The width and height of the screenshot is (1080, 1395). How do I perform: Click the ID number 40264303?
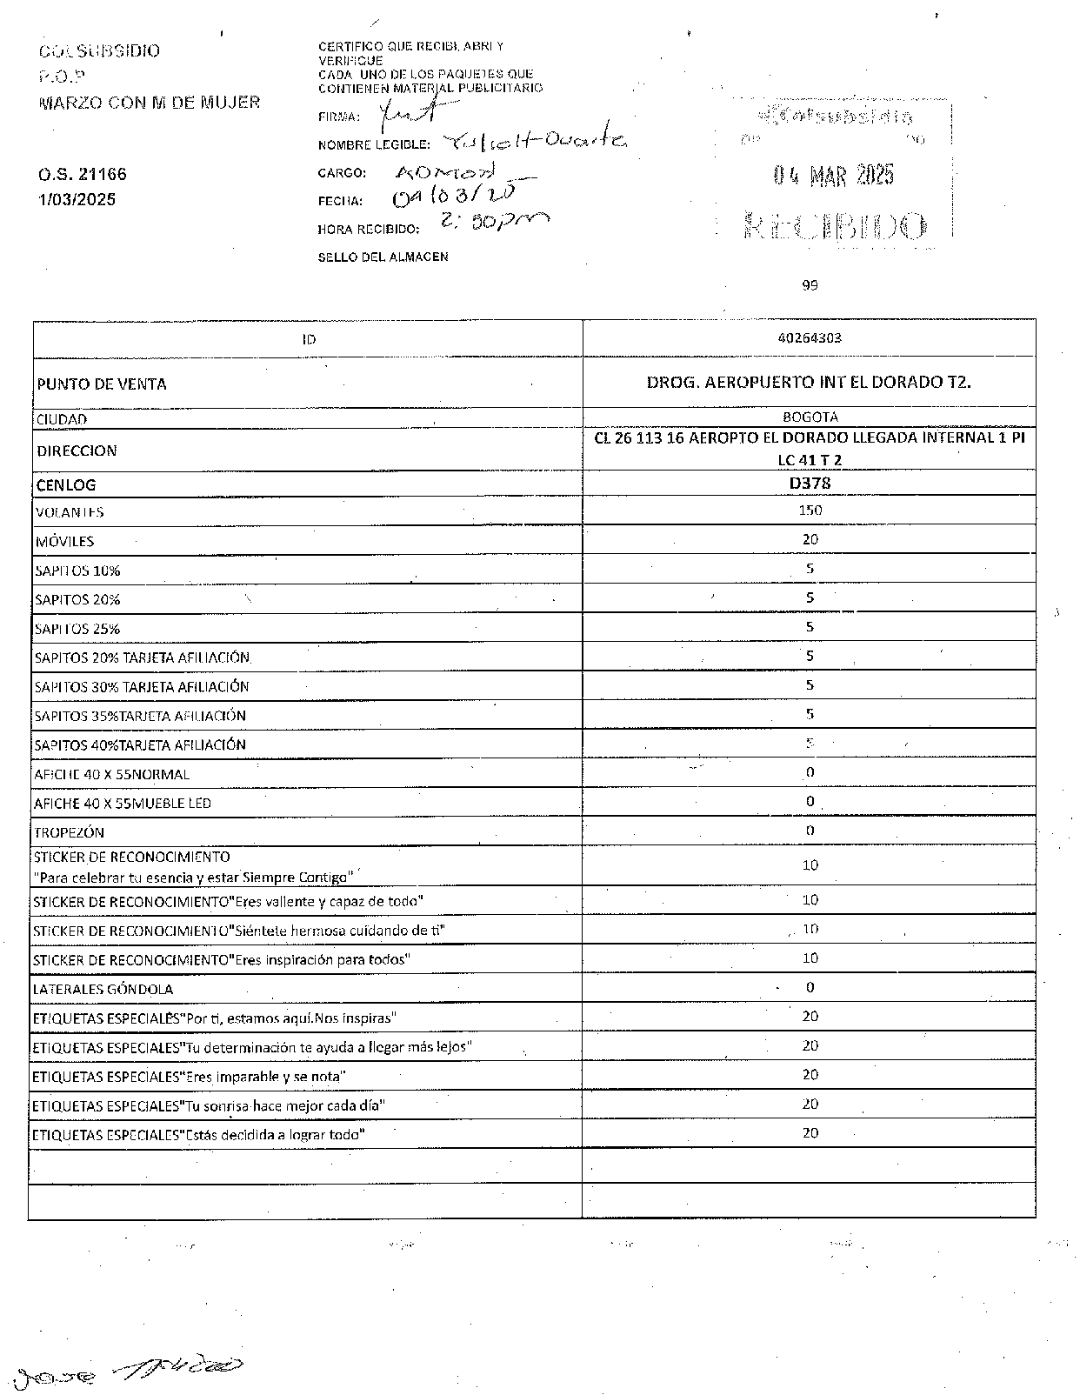click(x=809, y=338)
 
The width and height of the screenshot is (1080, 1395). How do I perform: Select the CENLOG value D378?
click(x=809, y=483)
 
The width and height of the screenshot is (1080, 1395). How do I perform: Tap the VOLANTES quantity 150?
click(x=810, y=511)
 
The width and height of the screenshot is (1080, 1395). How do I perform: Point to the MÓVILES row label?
click(x=64, y=541)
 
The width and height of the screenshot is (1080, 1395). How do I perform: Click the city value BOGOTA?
click(x=810, y=417)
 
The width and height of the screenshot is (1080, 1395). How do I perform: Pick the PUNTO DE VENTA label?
click(x=102, y=384)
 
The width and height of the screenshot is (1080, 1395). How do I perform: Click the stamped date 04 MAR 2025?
click(x=833, y=176)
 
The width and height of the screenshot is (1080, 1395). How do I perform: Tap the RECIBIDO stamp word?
click(x=835, y=227)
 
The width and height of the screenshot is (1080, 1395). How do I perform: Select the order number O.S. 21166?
click(x=83, y=174)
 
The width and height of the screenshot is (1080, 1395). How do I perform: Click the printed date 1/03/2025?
click(x=77, y=199)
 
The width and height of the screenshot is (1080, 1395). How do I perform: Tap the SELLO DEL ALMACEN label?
click(x=383, y=257)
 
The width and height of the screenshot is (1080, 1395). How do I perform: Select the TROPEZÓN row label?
click(x=70, y=832)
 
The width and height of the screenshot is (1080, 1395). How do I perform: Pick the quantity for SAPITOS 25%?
click(x=810, y=627)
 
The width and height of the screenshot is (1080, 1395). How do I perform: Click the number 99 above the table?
click(x=810, y=284)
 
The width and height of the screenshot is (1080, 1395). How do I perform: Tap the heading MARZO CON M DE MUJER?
click(x=150, y=103)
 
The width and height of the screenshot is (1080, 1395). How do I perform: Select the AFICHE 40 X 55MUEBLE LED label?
click(x=123, y=803)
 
